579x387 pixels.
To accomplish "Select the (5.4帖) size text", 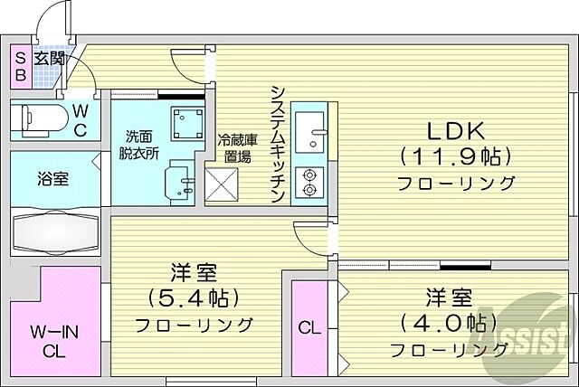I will [192, 297].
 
